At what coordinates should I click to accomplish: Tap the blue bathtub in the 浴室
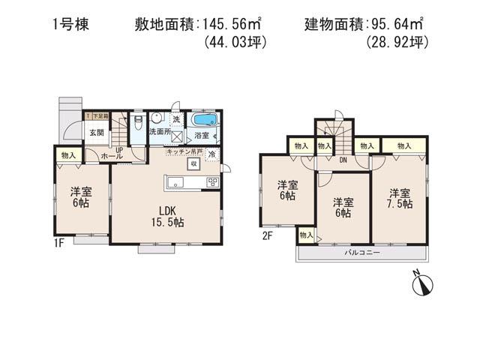click(x=202, y=121)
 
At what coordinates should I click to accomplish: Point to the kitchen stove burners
click(x=212, y=181)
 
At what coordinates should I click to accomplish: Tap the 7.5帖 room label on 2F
click(x=400, y=199)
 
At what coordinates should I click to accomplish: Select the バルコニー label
click(x=362, y=253)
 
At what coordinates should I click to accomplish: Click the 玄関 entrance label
click(x=97, y=133)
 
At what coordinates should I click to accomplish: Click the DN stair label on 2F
click(x=342, y=160)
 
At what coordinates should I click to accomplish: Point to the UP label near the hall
click(x=119, y=149)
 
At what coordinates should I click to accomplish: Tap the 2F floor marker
click(x=268, y=235)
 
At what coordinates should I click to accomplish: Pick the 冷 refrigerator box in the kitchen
click(x=212, y=155)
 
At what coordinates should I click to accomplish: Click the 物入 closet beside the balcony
click(x=305, y=235)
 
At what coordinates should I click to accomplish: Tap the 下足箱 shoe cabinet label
click(x=98, y=116)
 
